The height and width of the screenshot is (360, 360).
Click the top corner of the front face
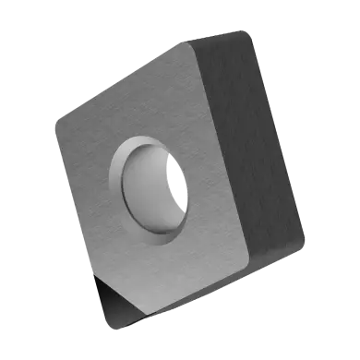click(186, 48)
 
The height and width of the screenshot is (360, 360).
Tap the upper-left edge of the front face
click(120, 83)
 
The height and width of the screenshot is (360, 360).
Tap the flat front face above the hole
click(148, 102)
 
